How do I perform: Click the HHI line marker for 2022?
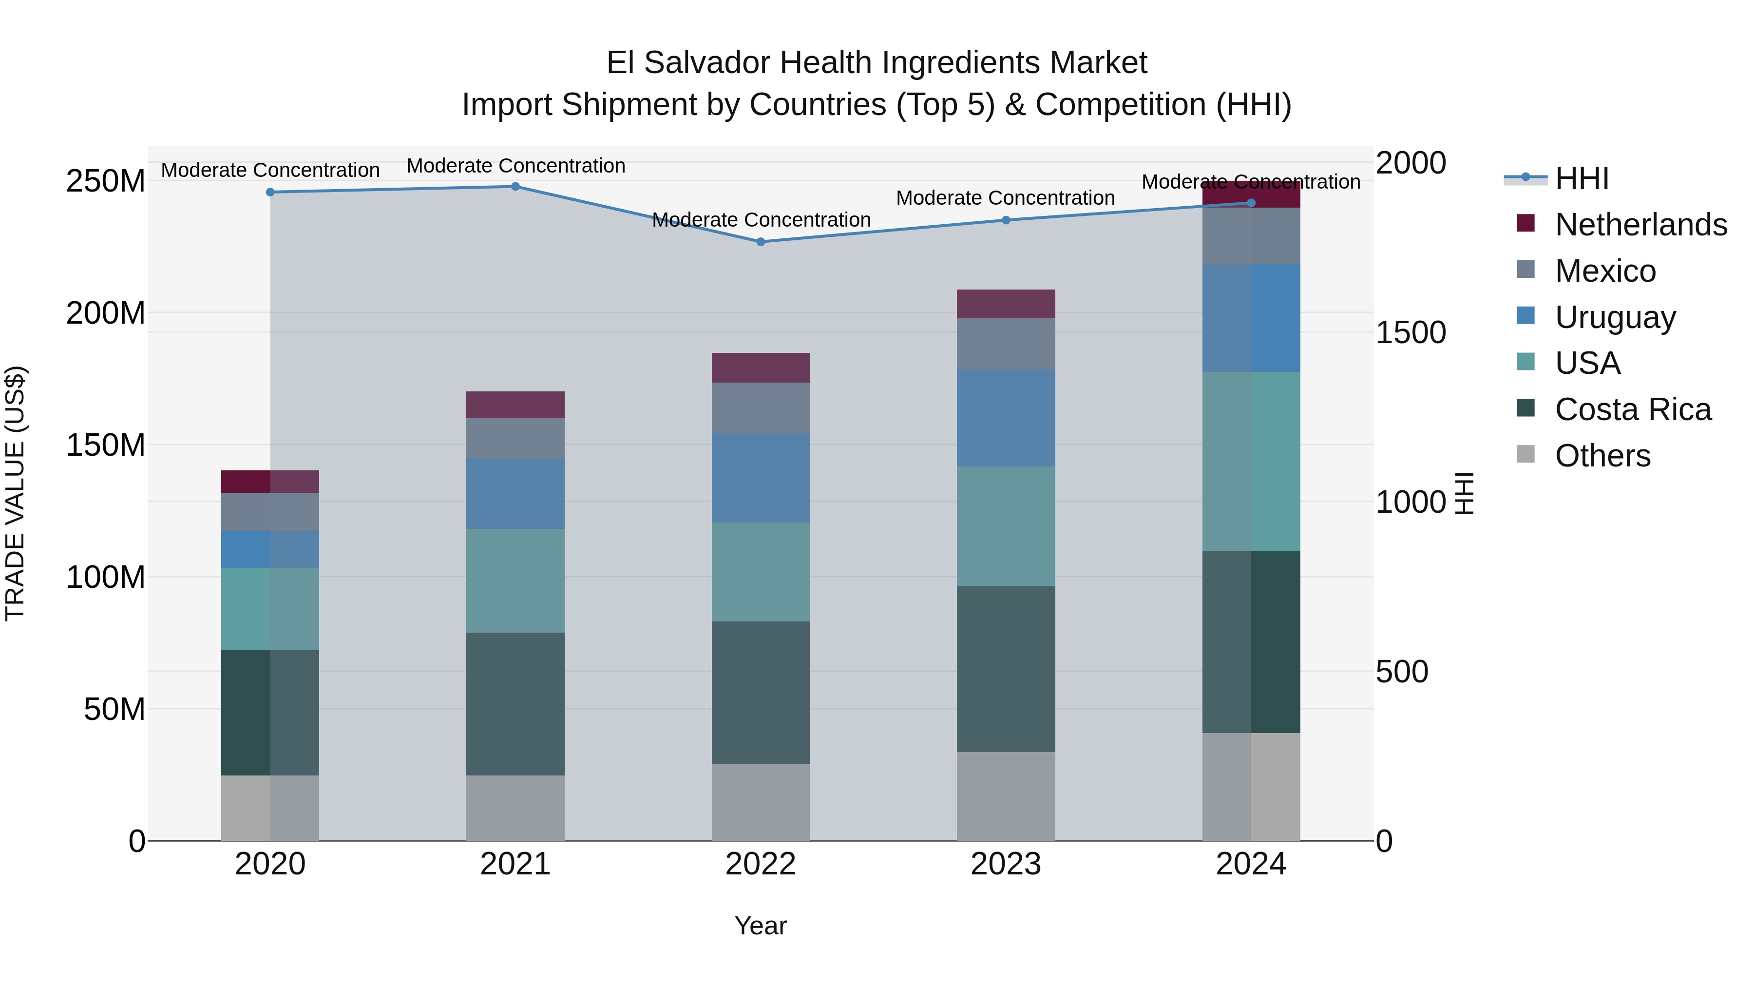point(761,242)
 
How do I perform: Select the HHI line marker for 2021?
point(515,187)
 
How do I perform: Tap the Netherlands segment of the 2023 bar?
point(1006,304)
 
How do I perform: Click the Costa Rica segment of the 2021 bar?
point(515,704)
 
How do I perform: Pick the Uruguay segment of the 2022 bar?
point(761,478)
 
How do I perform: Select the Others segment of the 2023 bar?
point(1006,796)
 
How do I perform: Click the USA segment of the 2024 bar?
point(1251,462)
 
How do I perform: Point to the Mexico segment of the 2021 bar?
point(515,438)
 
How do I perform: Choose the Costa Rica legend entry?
point(1632,410)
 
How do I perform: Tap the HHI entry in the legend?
point(1581,178)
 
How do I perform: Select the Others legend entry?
point(1602,456)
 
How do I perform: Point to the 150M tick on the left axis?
point(106,445)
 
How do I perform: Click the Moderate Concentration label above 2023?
point(1005,198)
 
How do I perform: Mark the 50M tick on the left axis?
point(114,710)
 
